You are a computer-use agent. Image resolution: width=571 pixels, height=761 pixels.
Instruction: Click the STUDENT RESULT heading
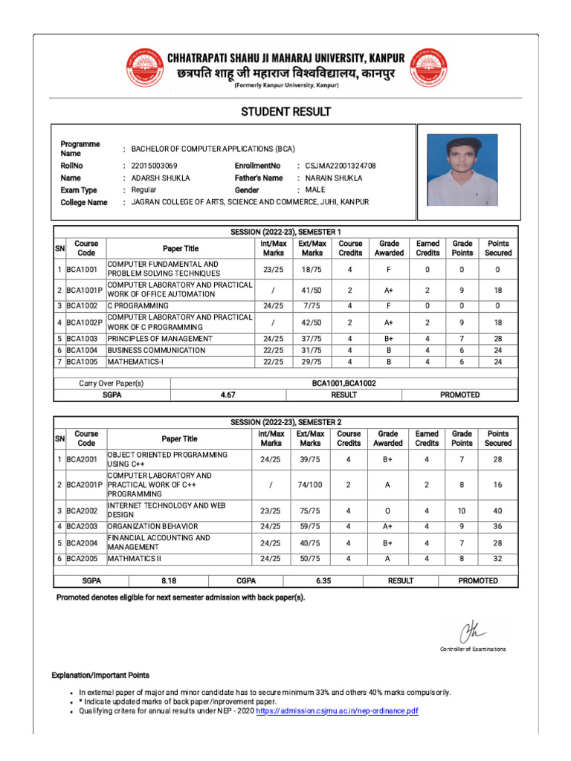pos(285,112)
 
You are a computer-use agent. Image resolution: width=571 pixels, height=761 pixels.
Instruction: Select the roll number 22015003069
pos(154,166)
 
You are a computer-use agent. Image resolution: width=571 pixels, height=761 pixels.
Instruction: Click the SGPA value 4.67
pos(228,395)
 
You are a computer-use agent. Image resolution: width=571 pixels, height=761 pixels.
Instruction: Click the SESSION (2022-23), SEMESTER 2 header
pos(285,422)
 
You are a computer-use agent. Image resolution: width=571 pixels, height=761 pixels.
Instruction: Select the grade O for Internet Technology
pos(387,511)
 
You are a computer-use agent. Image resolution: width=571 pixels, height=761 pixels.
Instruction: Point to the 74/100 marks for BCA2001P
pos(309,485)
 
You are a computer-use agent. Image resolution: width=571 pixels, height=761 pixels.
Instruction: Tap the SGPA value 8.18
pos(169,580)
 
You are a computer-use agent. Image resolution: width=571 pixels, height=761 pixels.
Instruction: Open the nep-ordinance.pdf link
pos(337,711)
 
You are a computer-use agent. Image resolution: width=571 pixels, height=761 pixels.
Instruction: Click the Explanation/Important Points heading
pos(100,676)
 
